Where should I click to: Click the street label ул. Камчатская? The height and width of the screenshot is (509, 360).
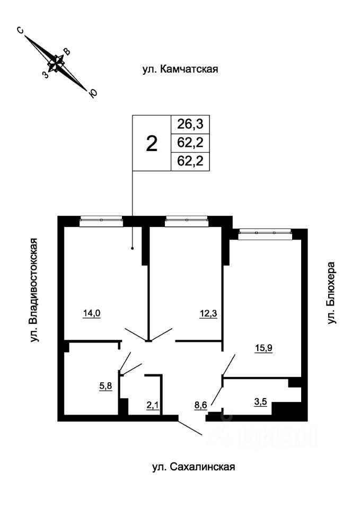pyautogui.click(x=180, y=69)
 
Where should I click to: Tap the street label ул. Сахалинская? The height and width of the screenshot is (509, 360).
pyautogui.click(x=194, y=467)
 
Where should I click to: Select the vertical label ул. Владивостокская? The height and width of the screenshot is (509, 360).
pyautogui.click(x=33, y=290)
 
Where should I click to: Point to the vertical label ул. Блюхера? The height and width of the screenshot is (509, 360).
pyautogui.click(x=331, y=293)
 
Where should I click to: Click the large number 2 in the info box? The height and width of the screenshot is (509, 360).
pyautogui.click(x=152, y=144)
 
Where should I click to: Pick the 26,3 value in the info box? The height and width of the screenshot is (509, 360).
pyautogui.click(x=190, y=124)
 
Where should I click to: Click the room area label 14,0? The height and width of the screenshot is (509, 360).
pyautogui.click(x=92, y=313)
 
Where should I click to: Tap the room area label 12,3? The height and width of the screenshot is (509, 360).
pyautogui.click(x=208, y=313)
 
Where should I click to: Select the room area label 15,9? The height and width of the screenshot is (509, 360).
pyautogui.click(x=264, y=348)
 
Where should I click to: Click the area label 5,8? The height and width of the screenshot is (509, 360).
pyautogui.click(x=106, y=386)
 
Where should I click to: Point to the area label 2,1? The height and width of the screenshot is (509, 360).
pyautogui.click(x=153, y=405)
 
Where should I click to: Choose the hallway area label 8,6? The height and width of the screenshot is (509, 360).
pyautogui.click(x=201, y=405)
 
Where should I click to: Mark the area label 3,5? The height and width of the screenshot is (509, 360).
pyautogui.click(x=260, y=401)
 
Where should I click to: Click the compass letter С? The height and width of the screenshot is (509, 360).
pyautogui.click(x=20, y=30)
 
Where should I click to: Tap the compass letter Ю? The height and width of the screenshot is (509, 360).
pyautogui.click(x=93, y=93)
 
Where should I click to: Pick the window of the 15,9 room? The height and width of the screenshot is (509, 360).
pyautogui.click(x=265, y=233)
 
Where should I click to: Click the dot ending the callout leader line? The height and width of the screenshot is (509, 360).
pyautogui.click(x=132, y=249)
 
